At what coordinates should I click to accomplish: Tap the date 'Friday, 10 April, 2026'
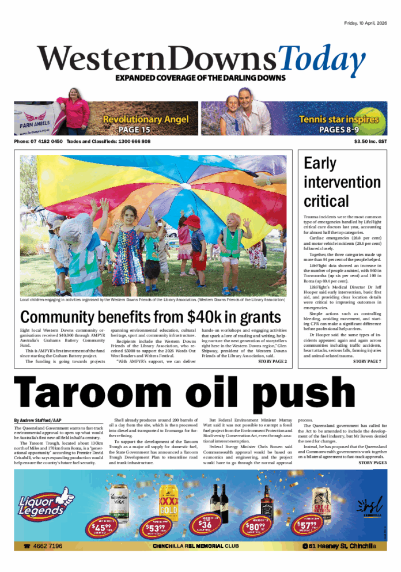pos(365,23)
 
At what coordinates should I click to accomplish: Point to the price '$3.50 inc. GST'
pos(370,142)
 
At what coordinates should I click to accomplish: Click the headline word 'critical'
pos(326,201)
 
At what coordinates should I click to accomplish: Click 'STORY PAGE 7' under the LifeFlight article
pos(367,361)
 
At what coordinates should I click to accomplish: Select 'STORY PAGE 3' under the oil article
pos(372,463)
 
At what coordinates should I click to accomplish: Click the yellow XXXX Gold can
pos(168,501)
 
